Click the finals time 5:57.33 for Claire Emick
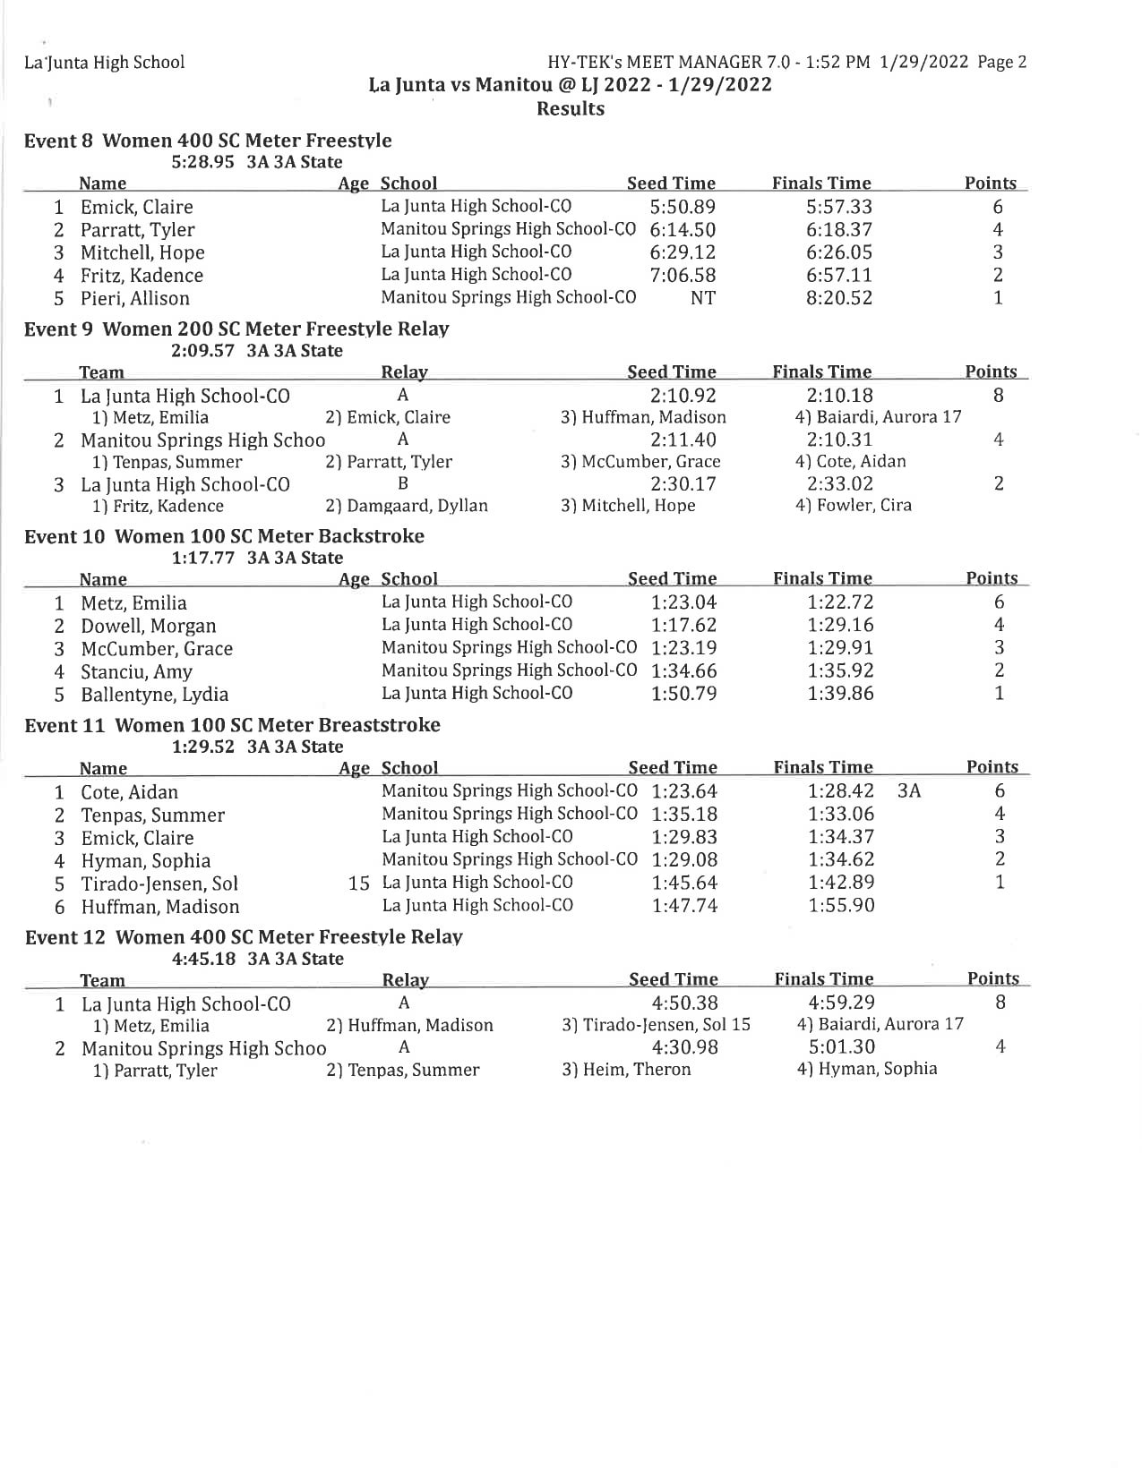[838, 207]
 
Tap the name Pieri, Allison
[134, 299]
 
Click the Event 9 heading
[236, 329]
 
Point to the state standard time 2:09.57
[202, 351]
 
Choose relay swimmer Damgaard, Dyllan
[407, 506]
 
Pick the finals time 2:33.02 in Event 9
[839, 484]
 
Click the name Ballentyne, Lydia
[154, 695]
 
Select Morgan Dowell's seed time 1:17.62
[683, 626]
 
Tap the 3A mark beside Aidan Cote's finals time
[908, 791]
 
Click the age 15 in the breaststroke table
[358, 884]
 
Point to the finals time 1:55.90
[841, 906]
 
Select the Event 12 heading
[244, 937]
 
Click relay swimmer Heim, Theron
[626, 1070]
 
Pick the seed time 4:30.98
[684, 1047]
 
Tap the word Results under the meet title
[570, 109]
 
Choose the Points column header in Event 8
[990, 184]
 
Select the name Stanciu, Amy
[136, 672]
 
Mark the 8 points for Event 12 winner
[1000, 1003]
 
